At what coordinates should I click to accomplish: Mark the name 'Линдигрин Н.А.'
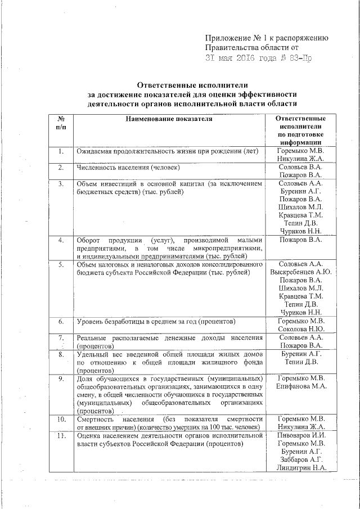[x=300, y=468]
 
